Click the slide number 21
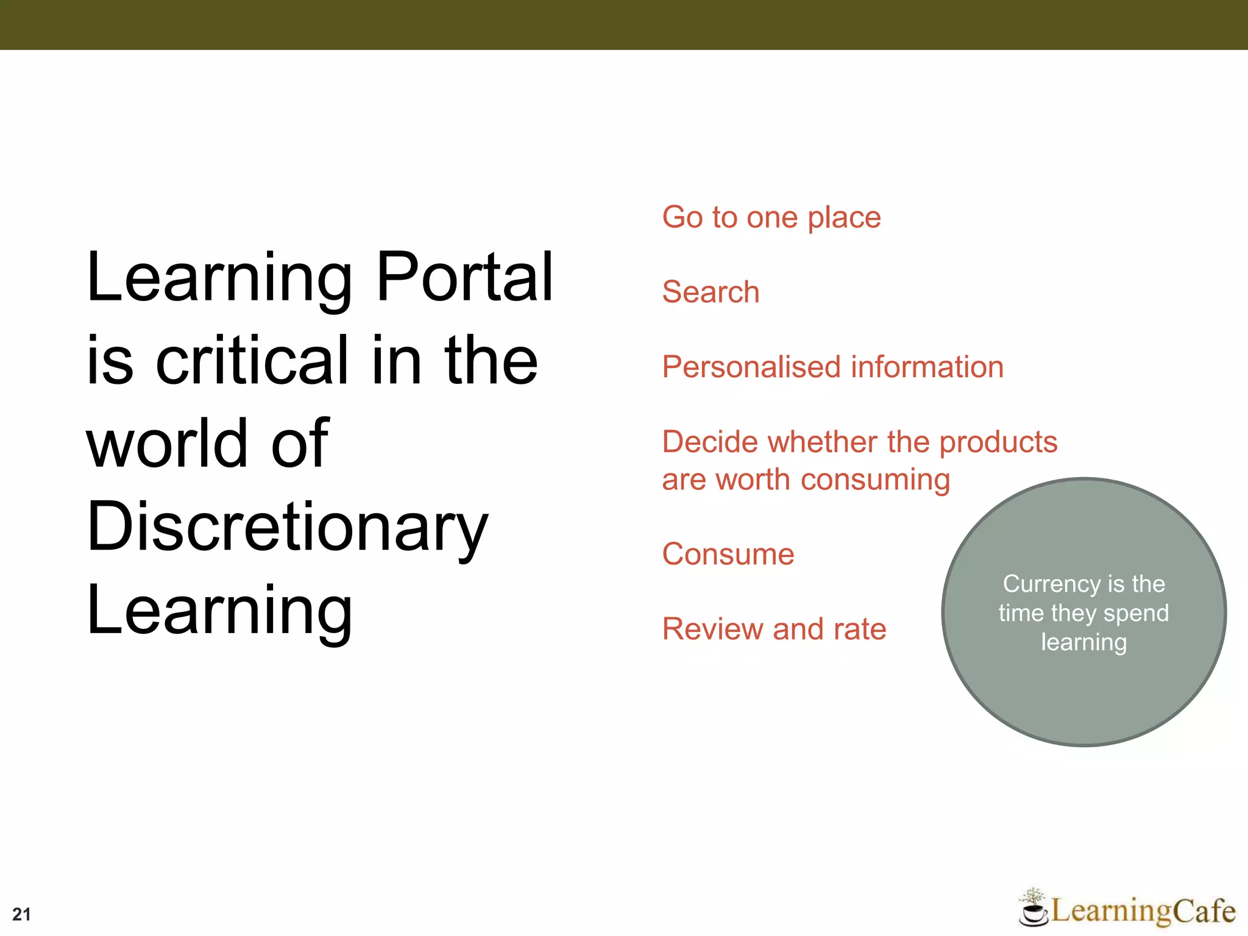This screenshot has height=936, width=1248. pos(21,914)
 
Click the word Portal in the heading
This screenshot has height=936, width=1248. pos(465,277)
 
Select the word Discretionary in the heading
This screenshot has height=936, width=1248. pos(287,527)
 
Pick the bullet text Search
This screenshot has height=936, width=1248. pos(711,292)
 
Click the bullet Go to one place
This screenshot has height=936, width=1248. pos(771,218)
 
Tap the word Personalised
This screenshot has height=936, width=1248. pos(751,367)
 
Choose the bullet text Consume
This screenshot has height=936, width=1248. pos(728,555)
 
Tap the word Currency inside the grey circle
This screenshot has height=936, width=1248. pos(1051,584)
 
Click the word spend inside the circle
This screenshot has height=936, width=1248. pos(1136,613)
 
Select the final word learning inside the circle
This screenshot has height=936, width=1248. pos(1083,642)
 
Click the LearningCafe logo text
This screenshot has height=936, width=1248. pos(1143,911)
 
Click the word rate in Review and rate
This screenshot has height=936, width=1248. pos(860,629)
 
